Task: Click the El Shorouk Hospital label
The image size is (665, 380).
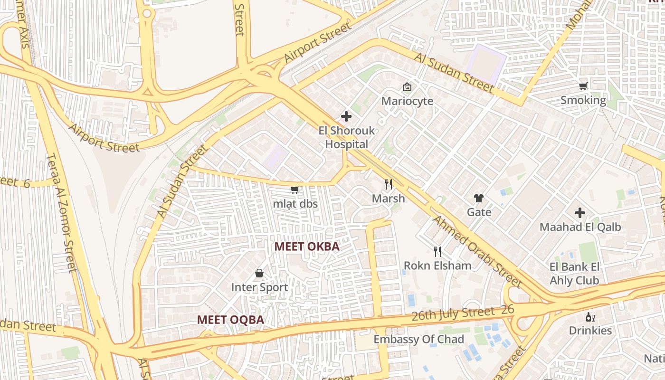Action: pos(346,137)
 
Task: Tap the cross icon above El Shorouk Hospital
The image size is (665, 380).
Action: pos(346,116)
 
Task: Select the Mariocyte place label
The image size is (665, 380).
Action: pos(407,101)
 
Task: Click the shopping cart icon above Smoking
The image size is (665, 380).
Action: pos(583,86)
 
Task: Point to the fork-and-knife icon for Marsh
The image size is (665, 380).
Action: pos(389,184)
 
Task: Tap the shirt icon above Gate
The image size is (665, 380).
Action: pos(478,198)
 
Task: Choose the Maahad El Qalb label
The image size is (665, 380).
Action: pos(580,227)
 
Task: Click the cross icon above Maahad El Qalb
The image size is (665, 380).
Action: pos(580,212)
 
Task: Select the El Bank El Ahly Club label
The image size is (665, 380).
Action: pos(574,274)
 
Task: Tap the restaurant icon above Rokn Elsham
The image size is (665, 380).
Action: pos(437,251)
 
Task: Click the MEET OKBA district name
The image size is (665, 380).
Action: pos(307,247)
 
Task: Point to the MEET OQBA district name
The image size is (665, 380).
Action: pos(230,320)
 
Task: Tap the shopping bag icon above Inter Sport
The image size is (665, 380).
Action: pos(259,273)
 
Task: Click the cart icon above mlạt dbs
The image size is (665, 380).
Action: pos(295,190)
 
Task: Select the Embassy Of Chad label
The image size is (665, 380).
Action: pos(418,339)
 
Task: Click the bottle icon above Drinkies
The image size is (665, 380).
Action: pos(590,317)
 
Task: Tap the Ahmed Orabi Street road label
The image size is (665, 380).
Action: pos(477,252)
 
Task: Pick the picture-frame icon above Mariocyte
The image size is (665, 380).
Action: pos(407,86)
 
